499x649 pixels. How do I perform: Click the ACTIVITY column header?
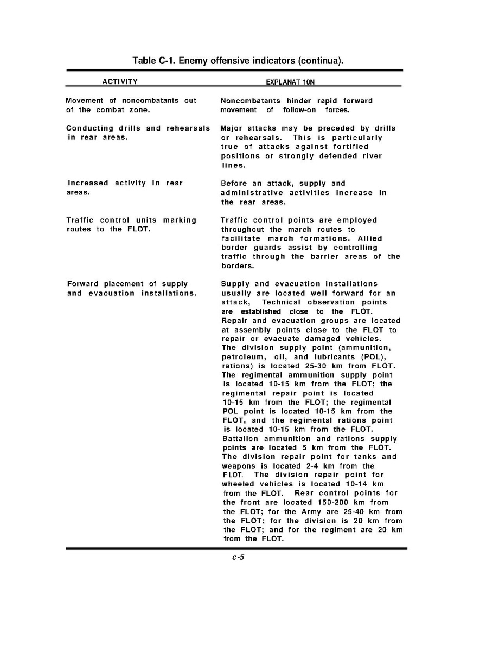(x=120, y=82)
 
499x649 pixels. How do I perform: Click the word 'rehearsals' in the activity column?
(x=188, y=128)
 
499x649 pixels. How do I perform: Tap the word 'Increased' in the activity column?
(x=88, y=183)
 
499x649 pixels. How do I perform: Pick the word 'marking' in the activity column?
(x=180, y=220)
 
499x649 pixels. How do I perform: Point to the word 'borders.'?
(x=238, y=266)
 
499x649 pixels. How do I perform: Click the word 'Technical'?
(x=284, y=302)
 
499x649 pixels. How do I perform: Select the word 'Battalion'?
(x=241, y=439)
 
